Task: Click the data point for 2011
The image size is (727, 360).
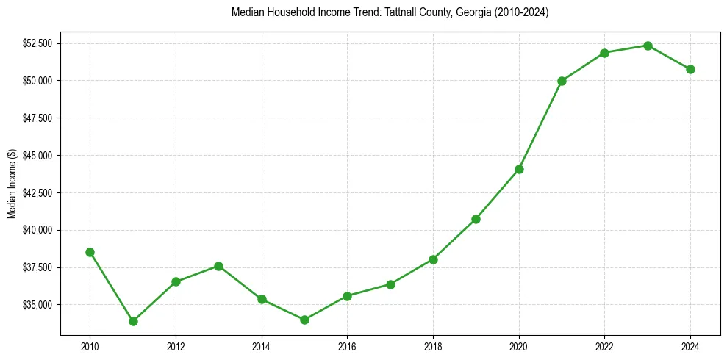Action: pyautogui.click(x=133, y=321)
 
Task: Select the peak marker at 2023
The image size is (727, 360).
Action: pyautogui.click(x=648, y=46)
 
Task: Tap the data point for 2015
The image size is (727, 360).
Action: pyautogui.click(x=304, y=320)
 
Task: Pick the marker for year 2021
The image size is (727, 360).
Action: pyautogui.click(x=562, y=81)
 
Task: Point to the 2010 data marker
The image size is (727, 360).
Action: pyautogui.click(x=90, y=252)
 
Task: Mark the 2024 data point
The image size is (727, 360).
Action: pyautogui.click(x=690, y=69)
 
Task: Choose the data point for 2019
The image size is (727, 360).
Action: pyautogui.click(x=476, y=219)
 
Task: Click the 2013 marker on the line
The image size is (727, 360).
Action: pyautogui.click(x=218, y=266)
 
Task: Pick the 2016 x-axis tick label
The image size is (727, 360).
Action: pyautogui.click(x=347, y=346)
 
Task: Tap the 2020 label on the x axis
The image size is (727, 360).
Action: pyautogui.click(x=519, y=346)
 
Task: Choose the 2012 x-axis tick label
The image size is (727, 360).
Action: pyautogui.click(x=176, y=346)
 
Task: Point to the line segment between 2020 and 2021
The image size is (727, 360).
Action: pyautogui.click(x=540, y=125)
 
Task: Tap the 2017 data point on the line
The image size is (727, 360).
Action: pyautogui.click(x=390, y=284)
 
